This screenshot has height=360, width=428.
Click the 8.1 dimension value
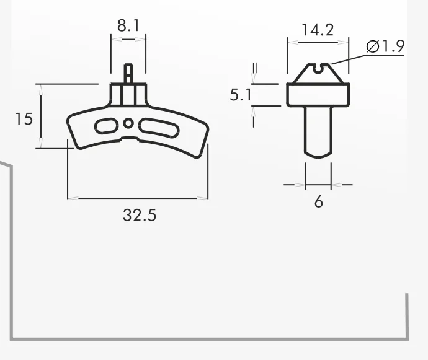128,25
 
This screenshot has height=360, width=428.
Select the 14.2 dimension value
318,30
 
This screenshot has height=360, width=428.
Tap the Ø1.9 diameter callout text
385,46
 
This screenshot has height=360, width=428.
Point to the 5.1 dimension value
241,95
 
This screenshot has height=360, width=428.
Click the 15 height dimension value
24,119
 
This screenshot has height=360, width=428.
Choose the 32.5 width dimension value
140,215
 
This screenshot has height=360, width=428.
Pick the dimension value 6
319,202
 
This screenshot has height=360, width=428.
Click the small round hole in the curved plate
128,123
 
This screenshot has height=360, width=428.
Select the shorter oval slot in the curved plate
106,126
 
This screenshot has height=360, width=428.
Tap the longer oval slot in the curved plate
159,127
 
